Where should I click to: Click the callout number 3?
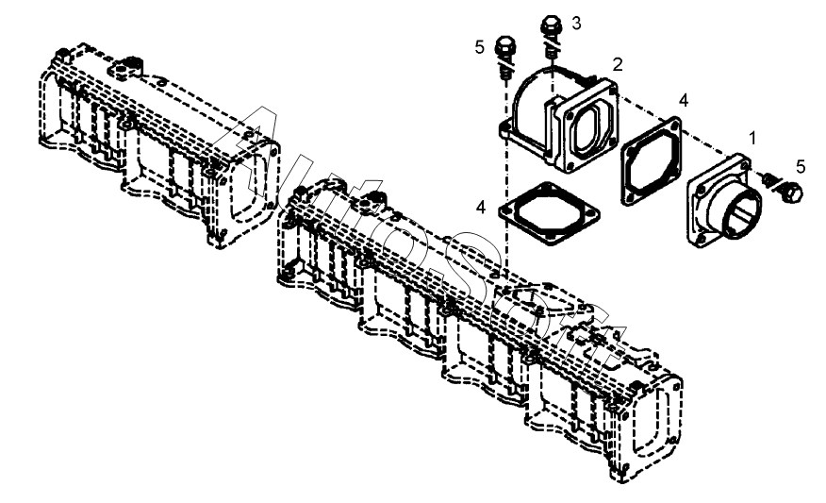tap(576, 24)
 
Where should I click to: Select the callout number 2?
tap(618, 64)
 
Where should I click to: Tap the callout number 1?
tap(752, 138)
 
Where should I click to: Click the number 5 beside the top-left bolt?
tap(479, 47)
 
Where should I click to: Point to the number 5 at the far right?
tap(801, 167)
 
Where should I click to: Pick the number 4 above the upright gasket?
tap(684, 100)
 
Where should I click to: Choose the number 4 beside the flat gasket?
tap(481, 208)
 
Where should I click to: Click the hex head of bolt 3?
tap(551, 25)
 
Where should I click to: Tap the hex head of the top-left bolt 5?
tap(505, 45)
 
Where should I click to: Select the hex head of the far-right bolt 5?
tap(792, 193)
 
